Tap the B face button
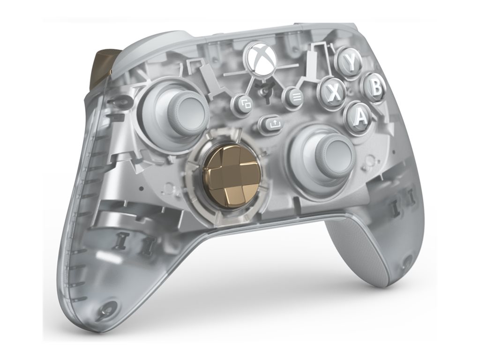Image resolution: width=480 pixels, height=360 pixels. click(x=374, y=87)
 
